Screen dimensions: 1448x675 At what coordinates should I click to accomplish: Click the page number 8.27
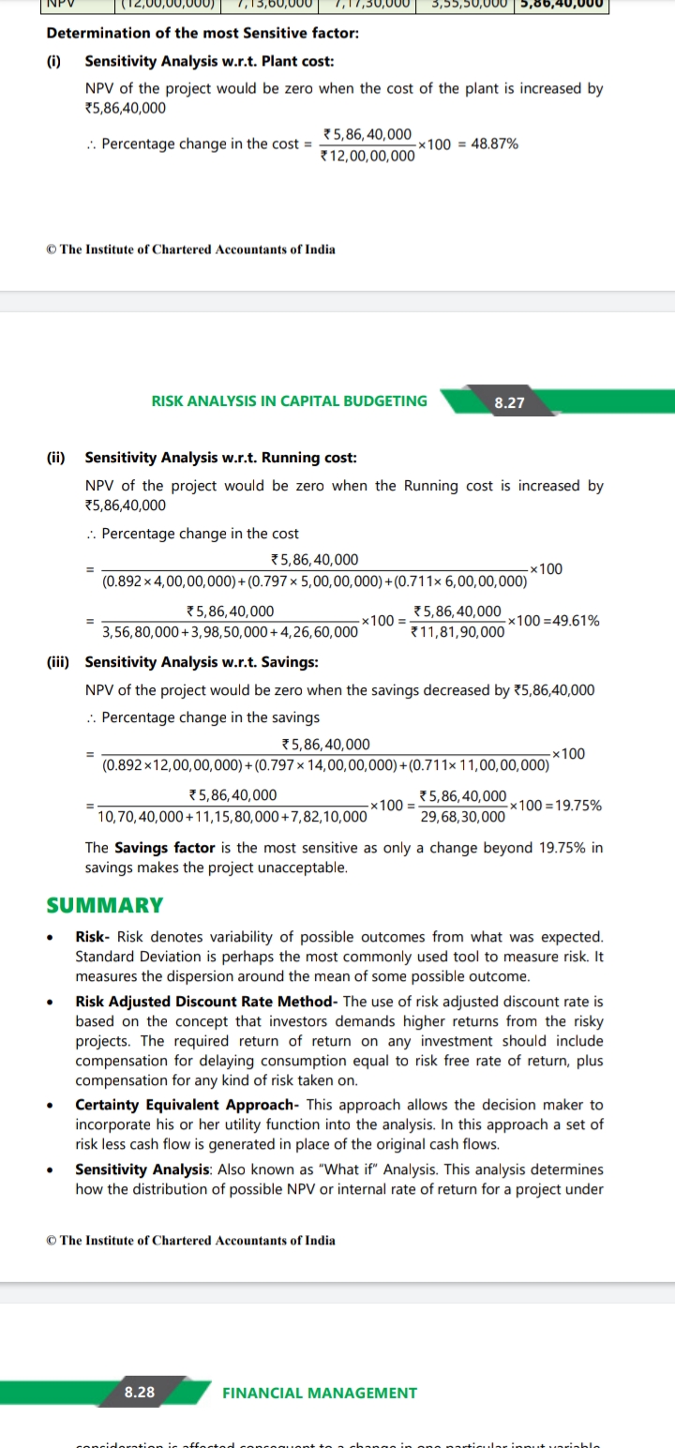[x=509, y=402]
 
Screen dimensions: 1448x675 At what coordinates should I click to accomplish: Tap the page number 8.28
[x=140, y=1392]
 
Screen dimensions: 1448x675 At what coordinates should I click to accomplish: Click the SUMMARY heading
[x=105, y=905]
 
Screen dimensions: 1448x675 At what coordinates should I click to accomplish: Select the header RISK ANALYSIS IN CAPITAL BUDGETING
[x=289, y=401]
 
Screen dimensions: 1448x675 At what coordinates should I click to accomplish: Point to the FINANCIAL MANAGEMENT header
[x=320, y=1393]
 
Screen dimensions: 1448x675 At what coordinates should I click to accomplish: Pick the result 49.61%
[x=573, y=621]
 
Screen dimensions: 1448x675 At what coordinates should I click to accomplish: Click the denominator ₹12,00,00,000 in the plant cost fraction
[x=367, y=156]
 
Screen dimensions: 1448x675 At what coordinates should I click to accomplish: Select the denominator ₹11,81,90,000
[x=458, y=632]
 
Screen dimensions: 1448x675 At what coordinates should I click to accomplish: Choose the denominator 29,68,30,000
[x=463, y=817]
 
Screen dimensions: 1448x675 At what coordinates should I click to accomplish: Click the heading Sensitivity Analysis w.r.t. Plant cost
[x=209, y=61]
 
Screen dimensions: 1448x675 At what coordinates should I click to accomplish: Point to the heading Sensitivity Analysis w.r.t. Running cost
[x=220, y=458]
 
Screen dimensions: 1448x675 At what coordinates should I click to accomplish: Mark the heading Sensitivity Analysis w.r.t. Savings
[x=201, y=662]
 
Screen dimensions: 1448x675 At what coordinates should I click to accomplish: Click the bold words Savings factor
[x=164, y=848]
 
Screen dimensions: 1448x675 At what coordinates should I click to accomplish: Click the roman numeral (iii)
[x=58, y=662]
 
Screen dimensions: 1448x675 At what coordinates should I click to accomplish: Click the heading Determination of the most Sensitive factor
[x=202, y=33]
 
